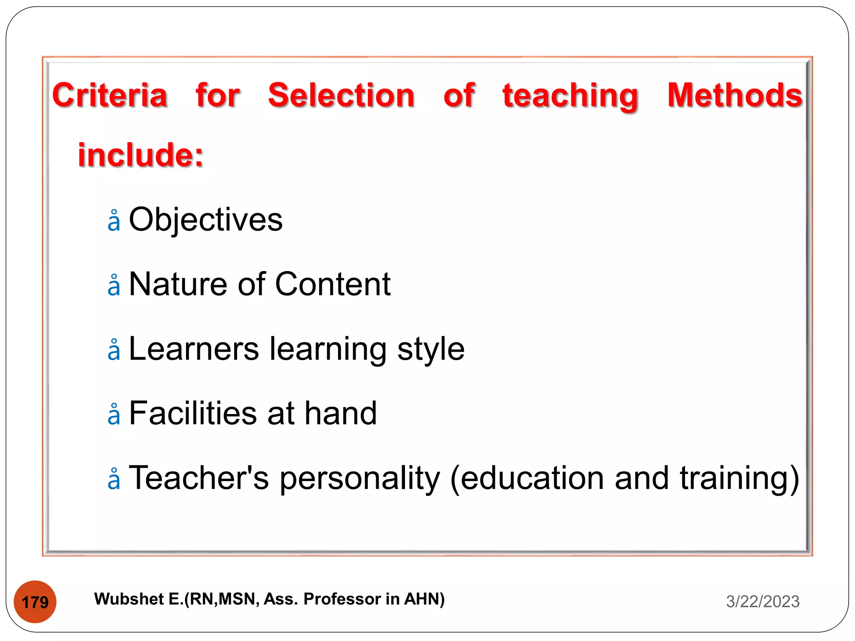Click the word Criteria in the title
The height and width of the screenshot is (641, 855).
pos(110,95)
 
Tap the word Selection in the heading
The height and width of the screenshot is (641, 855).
pos(341,95)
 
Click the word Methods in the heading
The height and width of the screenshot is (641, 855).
pos(735,95)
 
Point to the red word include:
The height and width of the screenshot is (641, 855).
pos(141,155)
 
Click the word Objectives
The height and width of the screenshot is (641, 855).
pos(205,220)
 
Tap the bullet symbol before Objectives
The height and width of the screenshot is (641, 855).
pos(114,221)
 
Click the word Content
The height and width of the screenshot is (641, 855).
pos(333,284)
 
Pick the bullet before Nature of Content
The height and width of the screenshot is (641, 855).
pos(114,286)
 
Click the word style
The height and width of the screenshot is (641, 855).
pos(430,350)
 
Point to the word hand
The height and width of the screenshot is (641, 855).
pos(341,413)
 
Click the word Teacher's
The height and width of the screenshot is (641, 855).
pos(199,478)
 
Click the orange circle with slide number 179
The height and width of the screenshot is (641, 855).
pos(35,602)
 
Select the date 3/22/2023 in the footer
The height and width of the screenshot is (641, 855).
pos(762,601)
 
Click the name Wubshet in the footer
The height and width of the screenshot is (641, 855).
pos(129,599)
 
